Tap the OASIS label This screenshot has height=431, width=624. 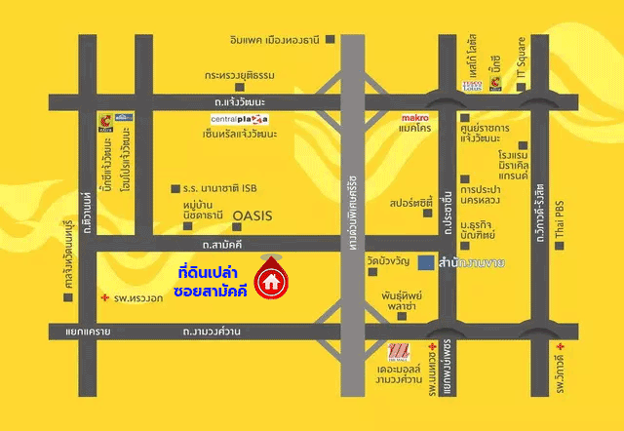(251, 213)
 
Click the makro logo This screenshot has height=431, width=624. (415, 118)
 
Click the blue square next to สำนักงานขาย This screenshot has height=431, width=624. (426, 263)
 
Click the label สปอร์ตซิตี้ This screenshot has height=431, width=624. (409, 207)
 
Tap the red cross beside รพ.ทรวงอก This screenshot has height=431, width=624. (106, 296)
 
